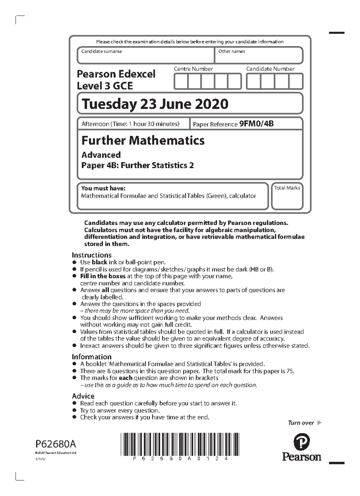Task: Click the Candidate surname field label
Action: coord(101,51)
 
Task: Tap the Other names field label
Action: coord(231,51)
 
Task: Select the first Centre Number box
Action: coord(181,82)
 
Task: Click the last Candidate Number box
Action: coord(296,82)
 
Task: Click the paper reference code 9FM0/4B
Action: coord(256,124)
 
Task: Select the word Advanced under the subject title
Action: coord(101,155)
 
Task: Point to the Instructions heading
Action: coord(91,255)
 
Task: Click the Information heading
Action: coord(91,357)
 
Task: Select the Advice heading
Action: coord(83,396)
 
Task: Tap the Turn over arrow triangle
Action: coord(319,423)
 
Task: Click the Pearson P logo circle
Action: coord(301,442)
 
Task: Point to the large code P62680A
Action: coord(56,443)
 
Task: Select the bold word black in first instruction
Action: coord(99,262)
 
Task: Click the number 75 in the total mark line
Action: coord(290,371)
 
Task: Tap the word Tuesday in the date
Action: coord(109,104)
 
